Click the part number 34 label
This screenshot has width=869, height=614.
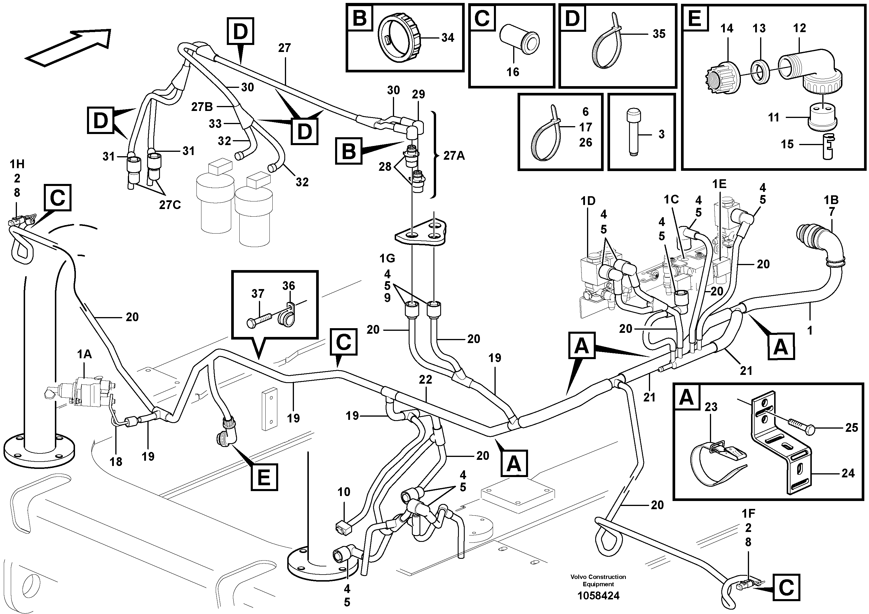447,38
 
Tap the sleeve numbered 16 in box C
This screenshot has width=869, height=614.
520,41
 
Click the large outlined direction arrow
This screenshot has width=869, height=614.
68,47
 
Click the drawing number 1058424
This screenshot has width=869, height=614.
598,596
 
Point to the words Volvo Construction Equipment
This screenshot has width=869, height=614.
598,580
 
